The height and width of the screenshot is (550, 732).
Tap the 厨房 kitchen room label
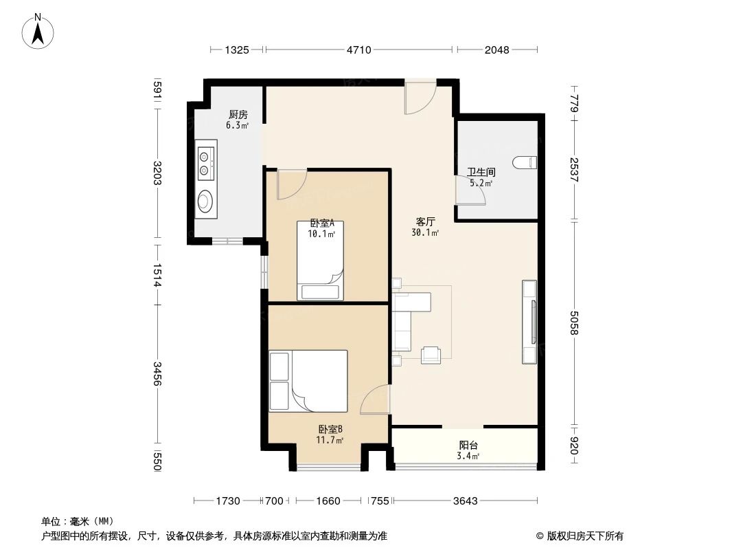(x=238, y=115)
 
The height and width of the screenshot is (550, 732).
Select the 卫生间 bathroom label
(x=481, y=173)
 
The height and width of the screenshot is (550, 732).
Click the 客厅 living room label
(x=426, y=222)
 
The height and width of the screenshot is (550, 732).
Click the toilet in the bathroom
(x=527, y=162)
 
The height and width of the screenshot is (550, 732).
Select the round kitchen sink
(x=205, y=201)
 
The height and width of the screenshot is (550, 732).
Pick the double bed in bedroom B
(x=308, y=380)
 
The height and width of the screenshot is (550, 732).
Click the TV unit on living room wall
(x=529, y=321)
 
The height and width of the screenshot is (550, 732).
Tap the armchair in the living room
(x=431, y=353)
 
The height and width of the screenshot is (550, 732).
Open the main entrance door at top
(x=418, y=97)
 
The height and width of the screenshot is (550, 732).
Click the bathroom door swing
(x=472, y=190)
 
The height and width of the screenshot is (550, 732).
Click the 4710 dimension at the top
(x=358, y=49)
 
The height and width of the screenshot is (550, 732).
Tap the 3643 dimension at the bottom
(x=464, y=500)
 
